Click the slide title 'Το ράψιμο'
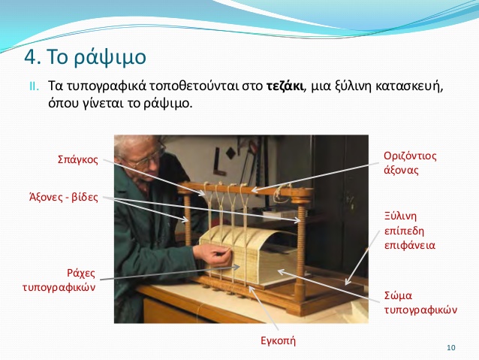pos(97,57)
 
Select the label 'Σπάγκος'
pos(78,159)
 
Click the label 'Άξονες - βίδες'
pos(64,197)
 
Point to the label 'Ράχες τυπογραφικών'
pos(59,280)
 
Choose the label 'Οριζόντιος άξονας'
pos(410,163)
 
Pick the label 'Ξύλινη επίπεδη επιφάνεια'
pos(410,231)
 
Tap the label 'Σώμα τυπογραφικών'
pos(420,302)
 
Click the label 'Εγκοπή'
pos(278,340)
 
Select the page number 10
pos(451,347)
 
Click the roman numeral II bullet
pos(35,86)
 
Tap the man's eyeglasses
pos(149,158)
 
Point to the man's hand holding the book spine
pos(212,255)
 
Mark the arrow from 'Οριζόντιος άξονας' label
pos(315,177)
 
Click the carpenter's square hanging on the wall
pos(218,162)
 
